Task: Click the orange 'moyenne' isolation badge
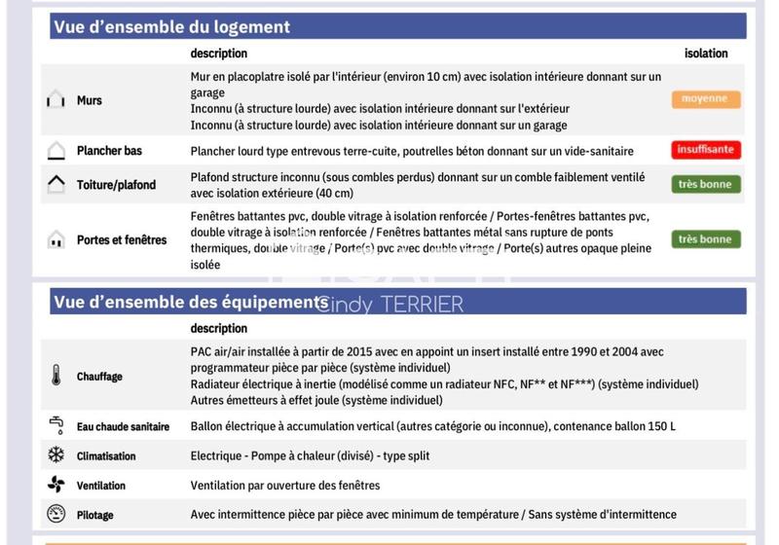click(705, 99)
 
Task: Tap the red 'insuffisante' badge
click(705, 150)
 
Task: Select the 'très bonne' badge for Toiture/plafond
click(705, 184)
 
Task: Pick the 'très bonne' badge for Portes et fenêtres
click(705, 239)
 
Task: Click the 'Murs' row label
click(89, 100)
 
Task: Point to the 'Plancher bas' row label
click(109, 151)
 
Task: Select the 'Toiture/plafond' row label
click(116, 185)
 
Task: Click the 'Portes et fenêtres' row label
click(122, 239)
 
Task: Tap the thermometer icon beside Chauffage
click(56, 377)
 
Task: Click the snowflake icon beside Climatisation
click(56, 455)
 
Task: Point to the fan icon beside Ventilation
click(56, 485)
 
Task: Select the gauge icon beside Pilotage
click(56, 515)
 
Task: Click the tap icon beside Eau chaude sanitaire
click(56, 425)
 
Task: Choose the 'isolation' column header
click(706, 54)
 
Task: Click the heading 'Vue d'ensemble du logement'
click(171, 27)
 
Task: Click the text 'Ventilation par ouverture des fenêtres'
click(284, 486)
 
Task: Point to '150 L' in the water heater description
click(660, 426)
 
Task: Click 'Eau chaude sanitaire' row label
click(123, 426)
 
